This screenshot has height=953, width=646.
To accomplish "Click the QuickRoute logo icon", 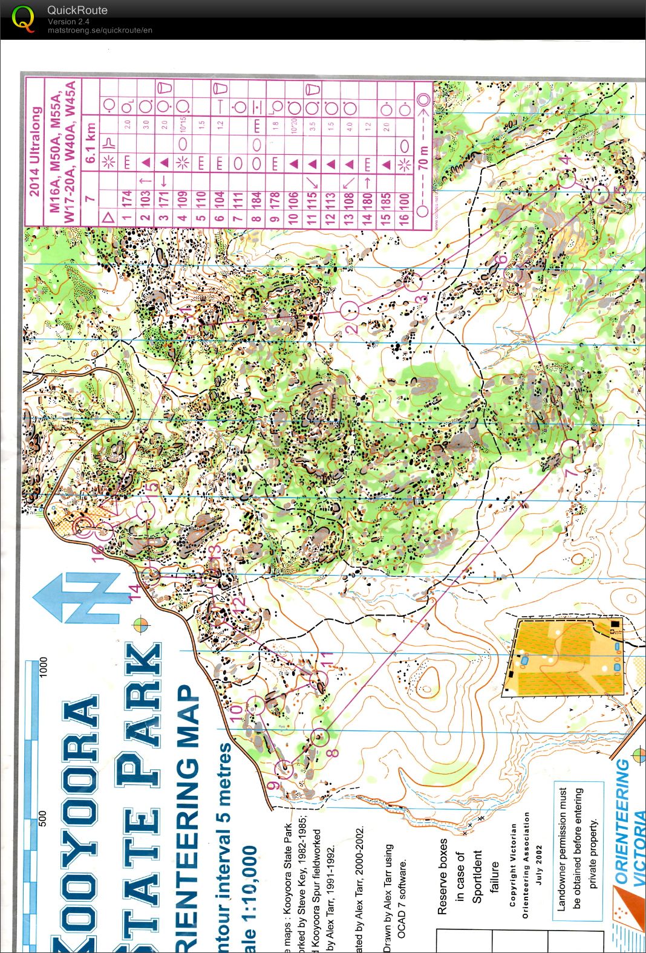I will (x=23, y=19).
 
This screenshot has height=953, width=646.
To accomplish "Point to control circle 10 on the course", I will (x=256, y=704).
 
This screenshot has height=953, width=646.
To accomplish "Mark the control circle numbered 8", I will (x=321, y=736).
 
